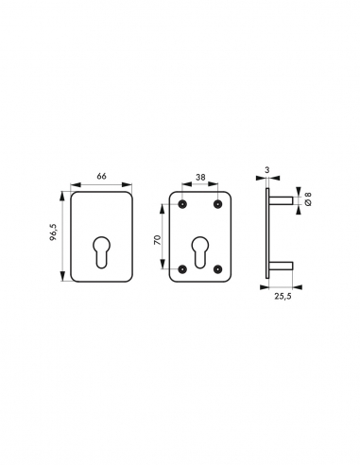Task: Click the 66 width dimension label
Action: click(101, 176)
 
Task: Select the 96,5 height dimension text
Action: click(53, 232)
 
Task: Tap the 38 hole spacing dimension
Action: click(200, 178)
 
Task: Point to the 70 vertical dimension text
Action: click(157, 240)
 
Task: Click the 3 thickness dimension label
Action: click(267, 170)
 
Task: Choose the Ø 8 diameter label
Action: click(308, 198)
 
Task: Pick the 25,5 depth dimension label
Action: click(283, 296)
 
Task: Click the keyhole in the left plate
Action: click(102, 252)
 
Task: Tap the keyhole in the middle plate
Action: click(199, 252)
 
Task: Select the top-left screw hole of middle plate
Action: click(182, 204)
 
